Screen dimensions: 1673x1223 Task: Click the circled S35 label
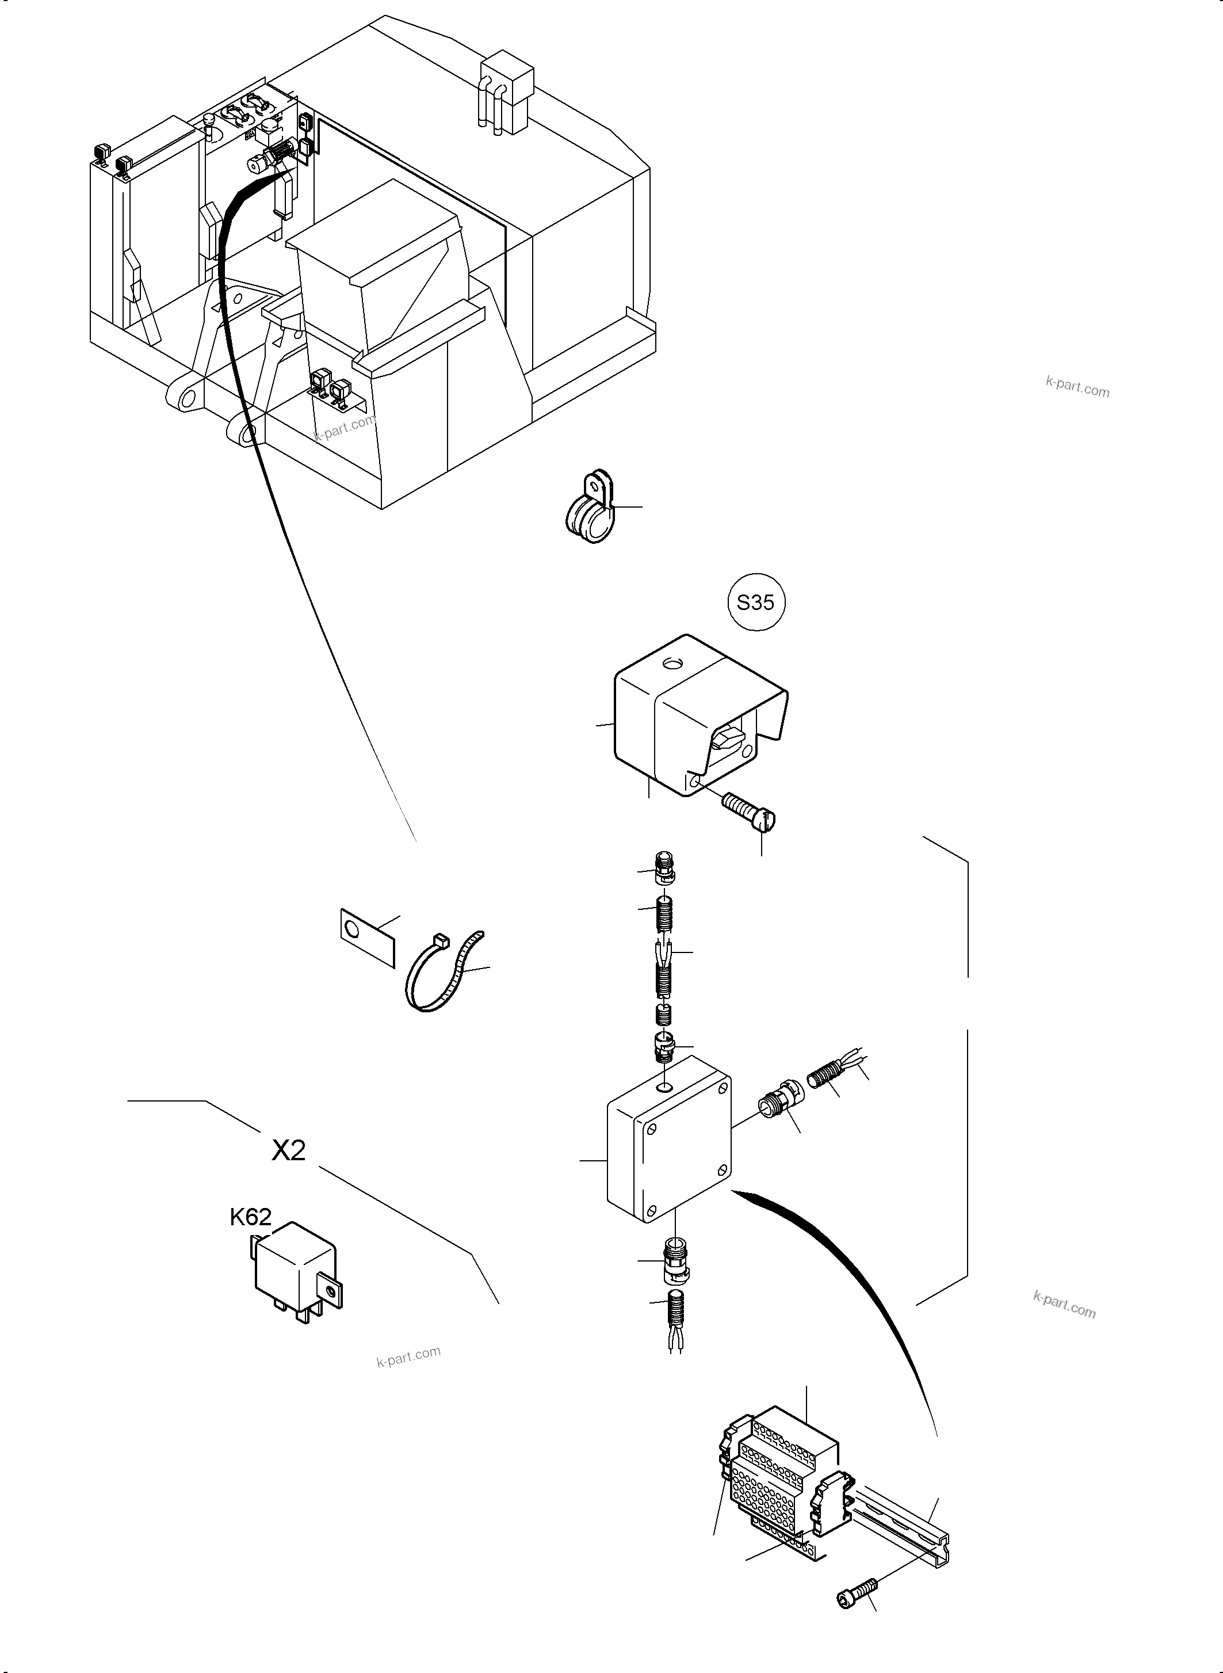755,602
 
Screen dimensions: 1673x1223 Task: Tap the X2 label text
288,1150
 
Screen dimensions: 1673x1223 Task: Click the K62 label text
250,1217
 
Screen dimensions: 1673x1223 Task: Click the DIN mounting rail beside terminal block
903,1520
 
